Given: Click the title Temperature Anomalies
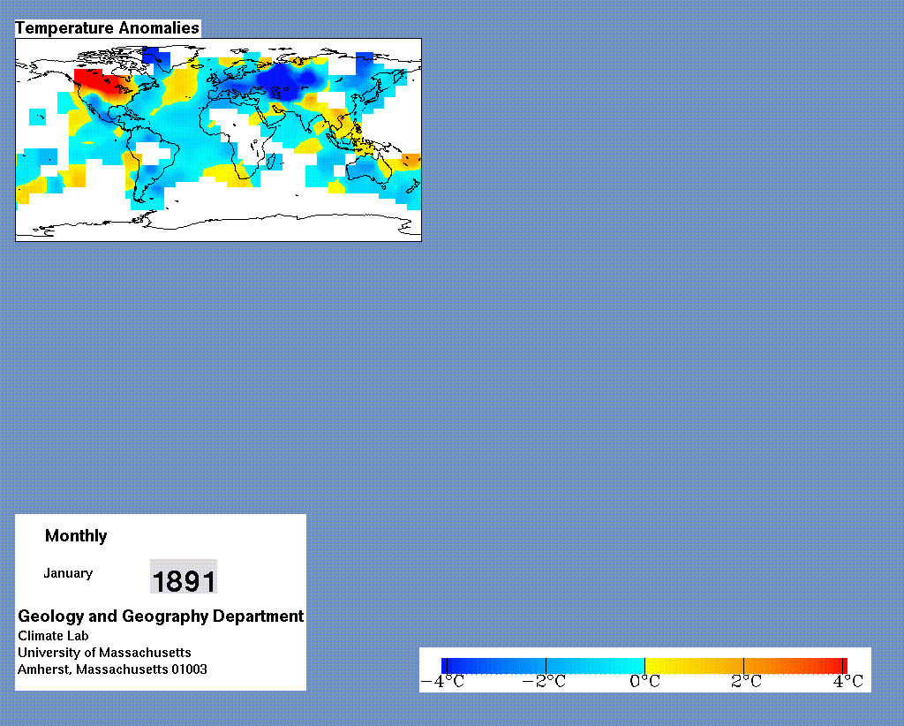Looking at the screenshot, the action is (107, 27).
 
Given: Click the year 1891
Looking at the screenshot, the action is (184, 580).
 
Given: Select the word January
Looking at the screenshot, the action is (68, 573).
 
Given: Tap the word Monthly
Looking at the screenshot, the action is (76, 536).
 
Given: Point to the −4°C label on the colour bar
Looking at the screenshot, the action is (443, 682).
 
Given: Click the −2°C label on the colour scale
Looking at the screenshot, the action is (544, 682).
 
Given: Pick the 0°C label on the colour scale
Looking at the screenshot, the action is (644, 682).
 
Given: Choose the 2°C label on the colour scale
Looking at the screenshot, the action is (746, 682).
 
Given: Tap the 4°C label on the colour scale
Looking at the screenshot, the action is (848, 682).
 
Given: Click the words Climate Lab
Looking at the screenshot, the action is (53, 636).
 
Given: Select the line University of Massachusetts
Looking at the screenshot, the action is (104, 653).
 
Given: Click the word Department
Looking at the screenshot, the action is (259, 616).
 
